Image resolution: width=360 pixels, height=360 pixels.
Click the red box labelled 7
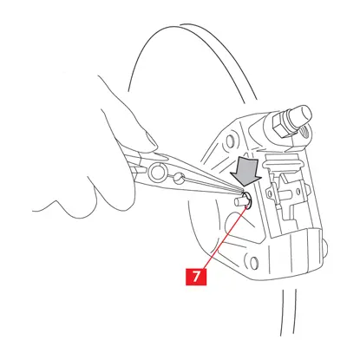pos(196,277)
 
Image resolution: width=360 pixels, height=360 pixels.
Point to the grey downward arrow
pos(245,173)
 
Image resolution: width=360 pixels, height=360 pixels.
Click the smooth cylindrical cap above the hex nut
pos(301,115)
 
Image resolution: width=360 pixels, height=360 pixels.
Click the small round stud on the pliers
pos(178,177)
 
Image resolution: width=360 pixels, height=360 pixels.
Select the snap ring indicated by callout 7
pos(246,200)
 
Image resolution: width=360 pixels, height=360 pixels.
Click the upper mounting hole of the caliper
pos(230,141)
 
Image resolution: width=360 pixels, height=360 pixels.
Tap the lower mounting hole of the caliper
pos(253,262)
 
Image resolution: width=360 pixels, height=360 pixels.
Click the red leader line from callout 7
pos(226,237)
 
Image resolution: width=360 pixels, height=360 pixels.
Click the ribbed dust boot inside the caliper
pos(284,163)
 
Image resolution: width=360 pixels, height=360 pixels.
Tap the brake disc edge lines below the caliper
pos(289,312)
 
